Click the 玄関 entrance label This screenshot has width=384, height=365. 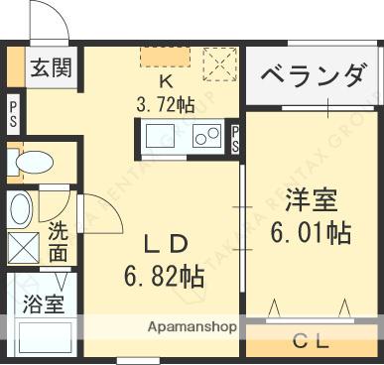pyautogui.click(x=49, y=68)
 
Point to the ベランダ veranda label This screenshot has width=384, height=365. pyautogui.click(x=312, y=74)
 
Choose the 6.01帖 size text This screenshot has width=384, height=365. pyautogui.click(x=310, y=233)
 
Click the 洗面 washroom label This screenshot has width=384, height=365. pyautogui.click(x=59, y=243)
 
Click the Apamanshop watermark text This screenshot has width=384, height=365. pyautogui.click(x=192, y=325)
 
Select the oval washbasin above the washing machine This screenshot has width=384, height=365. pyautogui.click(x=21, y=209)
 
